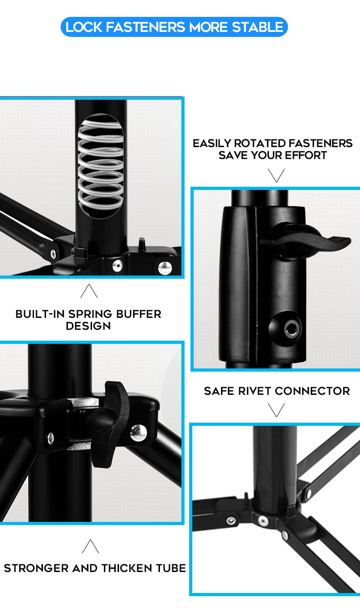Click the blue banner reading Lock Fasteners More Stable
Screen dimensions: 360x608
(174, 27)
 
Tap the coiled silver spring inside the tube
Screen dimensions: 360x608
(100, 166)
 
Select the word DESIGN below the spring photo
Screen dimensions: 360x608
(88, 326)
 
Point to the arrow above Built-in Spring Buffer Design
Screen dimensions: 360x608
(89, 291)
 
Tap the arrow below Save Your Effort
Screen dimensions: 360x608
(277, 175)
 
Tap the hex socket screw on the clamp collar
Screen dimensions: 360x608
(292, 328)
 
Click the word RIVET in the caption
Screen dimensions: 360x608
(255, 391)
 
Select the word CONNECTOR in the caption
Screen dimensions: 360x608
(312, 391)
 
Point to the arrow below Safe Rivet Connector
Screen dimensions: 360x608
(277, 410)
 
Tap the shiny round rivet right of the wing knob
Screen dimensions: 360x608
(139, 433)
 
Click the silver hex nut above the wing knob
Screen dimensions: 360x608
(83, 402)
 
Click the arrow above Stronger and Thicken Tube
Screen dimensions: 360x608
(90, 546)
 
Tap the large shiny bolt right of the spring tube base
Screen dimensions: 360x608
(165, 268)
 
